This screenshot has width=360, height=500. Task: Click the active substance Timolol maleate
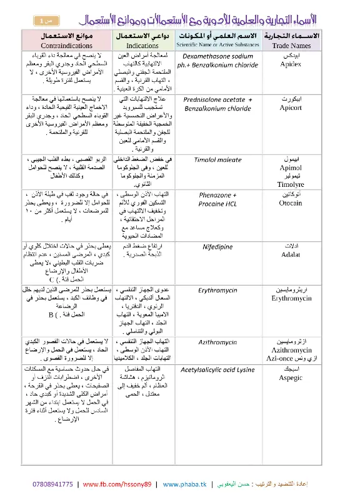pyautogui.click(x=217, y=161)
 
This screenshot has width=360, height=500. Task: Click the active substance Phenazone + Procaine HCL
pyautogui.click(x=217, y=199)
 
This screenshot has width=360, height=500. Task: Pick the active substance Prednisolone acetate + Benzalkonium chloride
pyautogui.click(x=217, y=103)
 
